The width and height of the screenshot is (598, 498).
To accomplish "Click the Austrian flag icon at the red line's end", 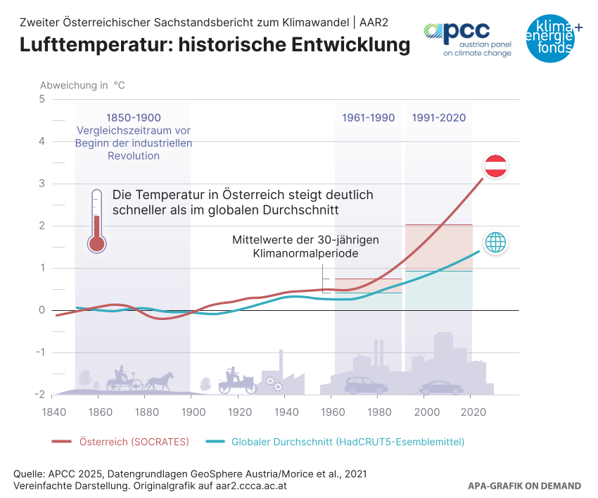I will click(496, 167).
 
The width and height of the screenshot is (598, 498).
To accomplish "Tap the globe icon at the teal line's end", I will click(496, 242).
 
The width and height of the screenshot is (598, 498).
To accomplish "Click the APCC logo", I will click(466, 39).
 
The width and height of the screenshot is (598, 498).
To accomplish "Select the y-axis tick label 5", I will click(42, 99).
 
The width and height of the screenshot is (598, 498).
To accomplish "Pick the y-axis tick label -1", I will click(40, 352).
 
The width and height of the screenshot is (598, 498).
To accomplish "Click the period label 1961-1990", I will click(369, 117).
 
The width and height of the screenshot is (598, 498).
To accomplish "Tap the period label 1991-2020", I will click(438, 117).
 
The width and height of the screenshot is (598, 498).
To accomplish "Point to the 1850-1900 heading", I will click(133, 117).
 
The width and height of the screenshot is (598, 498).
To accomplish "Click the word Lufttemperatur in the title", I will click(95, 45).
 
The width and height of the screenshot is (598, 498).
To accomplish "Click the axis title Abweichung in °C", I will click(82, 85).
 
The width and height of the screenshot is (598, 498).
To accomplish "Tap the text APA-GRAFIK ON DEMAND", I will click(525, 486).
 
